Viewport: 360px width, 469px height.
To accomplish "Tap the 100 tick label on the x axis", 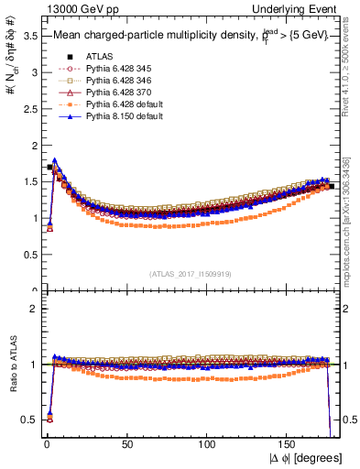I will pos(209,442).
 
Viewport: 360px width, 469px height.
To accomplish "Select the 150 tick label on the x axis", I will pos(289,442).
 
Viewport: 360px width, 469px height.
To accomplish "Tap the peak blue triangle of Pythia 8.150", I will pos(55,160).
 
